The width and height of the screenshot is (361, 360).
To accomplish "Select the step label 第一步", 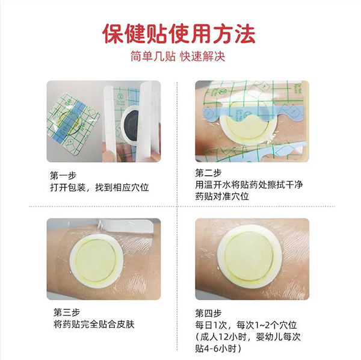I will [x=63, y=176].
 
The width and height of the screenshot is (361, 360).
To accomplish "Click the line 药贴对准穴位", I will [x=222, y=196].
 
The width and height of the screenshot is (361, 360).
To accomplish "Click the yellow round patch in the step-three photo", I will [x=95, y=261].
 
